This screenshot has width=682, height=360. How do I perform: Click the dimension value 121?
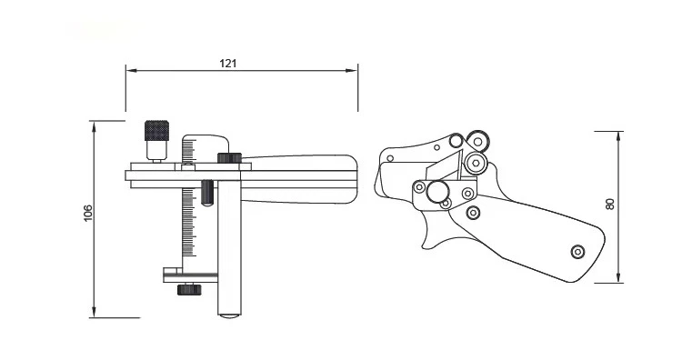point(228,64)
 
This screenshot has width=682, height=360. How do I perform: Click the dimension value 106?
point(88,213)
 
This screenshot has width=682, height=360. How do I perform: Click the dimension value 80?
point(610,205)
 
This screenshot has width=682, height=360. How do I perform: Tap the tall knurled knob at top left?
point(156,130)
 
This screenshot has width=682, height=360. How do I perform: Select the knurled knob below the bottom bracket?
point(189,289)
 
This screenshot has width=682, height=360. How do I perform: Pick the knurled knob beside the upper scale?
point(229,158)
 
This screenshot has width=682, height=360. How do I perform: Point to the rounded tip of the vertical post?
point(229,315)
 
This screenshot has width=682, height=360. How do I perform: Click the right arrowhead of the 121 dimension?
point(352,70)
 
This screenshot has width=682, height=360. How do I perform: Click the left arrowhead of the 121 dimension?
point(132,70)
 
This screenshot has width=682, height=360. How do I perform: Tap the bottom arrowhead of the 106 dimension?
point(94,312)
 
